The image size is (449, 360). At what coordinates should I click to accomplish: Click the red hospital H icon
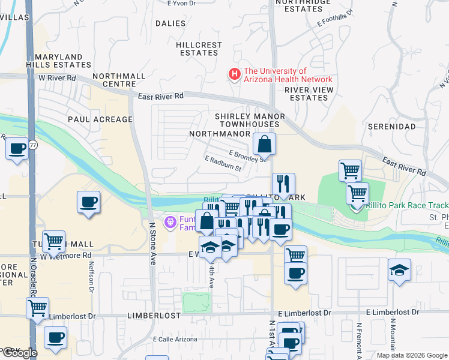(234, 74)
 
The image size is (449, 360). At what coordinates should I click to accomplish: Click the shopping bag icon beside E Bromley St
(264, 144)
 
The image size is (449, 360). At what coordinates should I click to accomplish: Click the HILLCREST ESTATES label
(199, 49)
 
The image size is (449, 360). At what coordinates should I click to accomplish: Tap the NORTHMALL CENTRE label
(119, 80)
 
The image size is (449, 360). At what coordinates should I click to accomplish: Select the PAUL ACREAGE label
(100, 119)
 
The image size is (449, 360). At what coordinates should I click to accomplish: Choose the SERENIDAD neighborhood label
(391, 127)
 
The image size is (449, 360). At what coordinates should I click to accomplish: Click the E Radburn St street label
(223, 164)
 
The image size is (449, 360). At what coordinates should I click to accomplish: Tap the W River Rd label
(57, 78)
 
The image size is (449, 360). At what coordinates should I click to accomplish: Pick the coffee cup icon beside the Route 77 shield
(17, 148)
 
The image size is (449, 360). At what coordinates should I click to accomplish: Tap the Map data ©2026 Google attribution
(411, 355)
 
